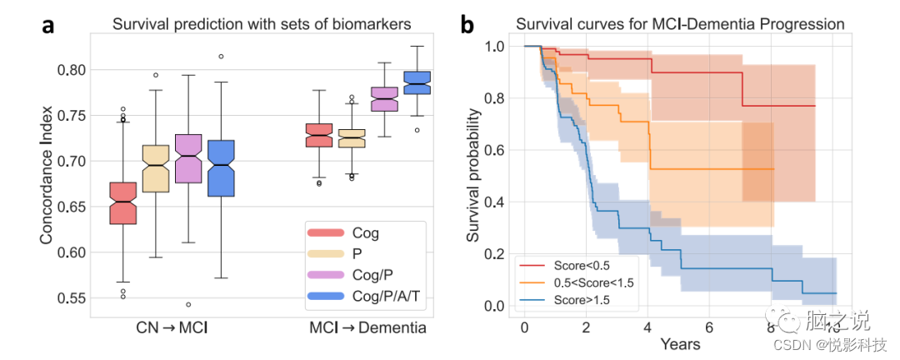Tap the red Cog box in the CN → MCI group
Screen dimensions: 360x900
(x=123, y=202)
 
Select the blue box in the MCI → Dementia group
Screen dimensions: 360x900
(x=417, y=82)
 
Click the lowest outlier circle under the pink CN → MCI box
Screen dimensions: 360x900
(x=189, y=304)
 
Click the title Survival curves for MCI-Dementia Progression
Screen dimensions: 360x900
(x=680, y=24)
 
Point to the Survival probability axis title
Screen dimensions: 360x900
(x=472, y=176)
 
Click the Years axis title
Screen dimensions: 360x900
(x=680, y=342)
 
